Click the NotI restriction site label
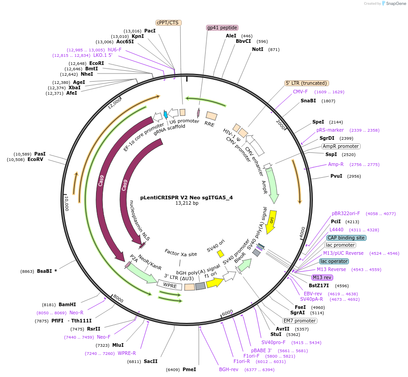pyautogui.click(x=257, y=49)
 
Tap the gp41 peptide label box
pyautogui.click(x=222, y=28)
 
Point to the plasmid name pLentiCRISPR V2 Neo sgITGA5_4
pyautogui.click(x=187, y=197)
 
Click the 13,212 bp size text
pyautogui.click(x=187, y=203)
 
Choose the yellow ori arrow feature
pyautogui.click(x=271, y=222)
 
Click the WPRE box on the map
pyautogui.click(x=170, y=285)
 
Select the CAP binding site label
pyautogui.click(x=346, y=238)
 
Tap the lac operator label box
pyautogui.click(x=334, y=261)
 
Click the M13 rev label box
pyautogui.click(x=322, y=277)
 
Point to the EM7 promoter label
pyautogui.click(x=300, y=321)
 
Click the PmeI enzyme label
pyautogui.click(x=189, y=369)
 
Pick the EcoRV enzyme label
pyautogui.click(x=35, y=159)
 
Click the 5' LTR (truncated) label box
pyautogui.click(x=307, y=83)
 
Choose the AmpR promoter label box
pyautogui.click(x=340, y=146)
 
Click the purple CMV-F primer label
pyautogui.click(x=300, y=92)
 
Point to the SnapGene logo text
pyautogui.click(x=393, y=4)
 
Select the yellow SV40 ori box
pyautogui.click(x=220, y=254)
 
